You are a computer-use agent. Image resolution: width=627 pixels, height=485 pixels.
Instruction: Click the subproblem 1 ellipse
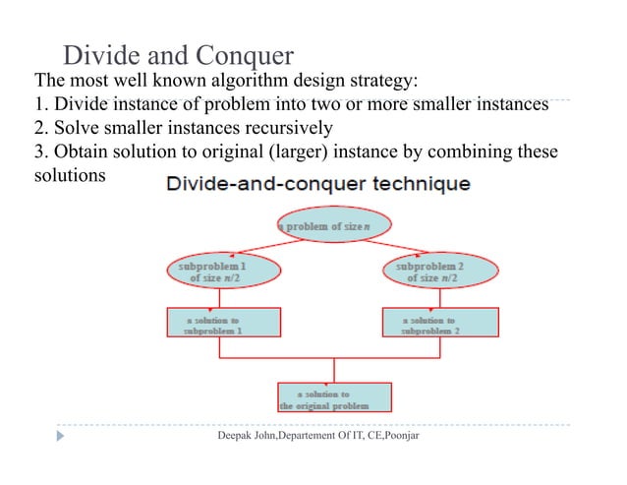212,272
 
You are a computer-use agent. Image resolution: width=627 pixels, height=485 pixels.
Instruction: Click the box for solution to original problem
335,396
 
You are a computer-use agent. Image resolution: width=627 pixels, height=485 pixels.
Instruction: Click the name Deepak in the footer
236,435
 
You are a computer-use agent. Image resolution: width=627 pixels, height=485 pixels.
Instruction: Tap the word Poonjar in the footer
397,435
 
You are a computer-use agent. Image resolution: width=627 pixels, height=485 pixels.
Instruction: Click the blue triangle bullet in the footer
60,434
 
